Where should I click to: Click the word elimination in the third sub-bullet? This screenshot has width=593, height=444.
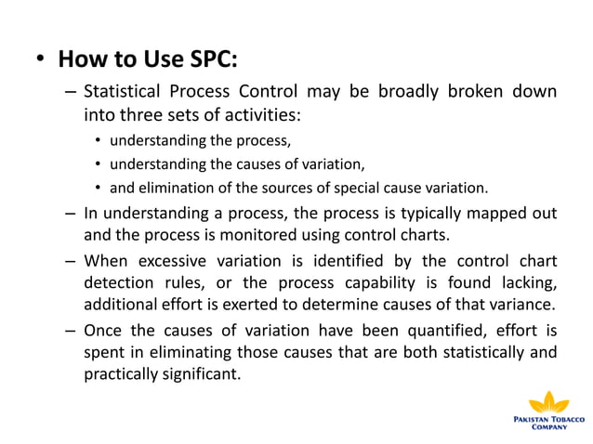[177, 188]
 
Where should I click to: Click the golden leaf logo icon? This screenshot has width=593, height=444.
[549, 402]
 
